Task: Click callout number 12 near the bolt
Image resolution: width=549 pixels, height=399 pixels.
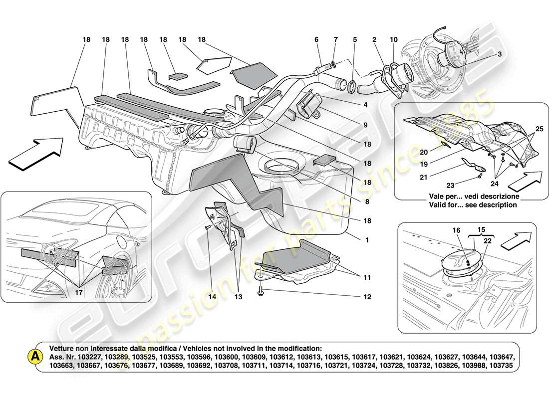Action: pyautogui.click(x=367, y=297)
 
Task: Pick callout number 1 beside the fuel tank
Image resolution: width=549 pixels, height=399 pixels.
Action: pyautogui.click(x=367, y=240)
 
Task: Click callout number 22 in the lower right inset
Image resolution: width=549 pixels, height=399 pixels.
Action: pyautogui.click(x=487, y=241)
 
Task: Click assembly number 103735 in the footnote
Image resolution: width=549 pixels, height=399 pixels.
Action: pyautogui.click(x=505, y=365)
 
